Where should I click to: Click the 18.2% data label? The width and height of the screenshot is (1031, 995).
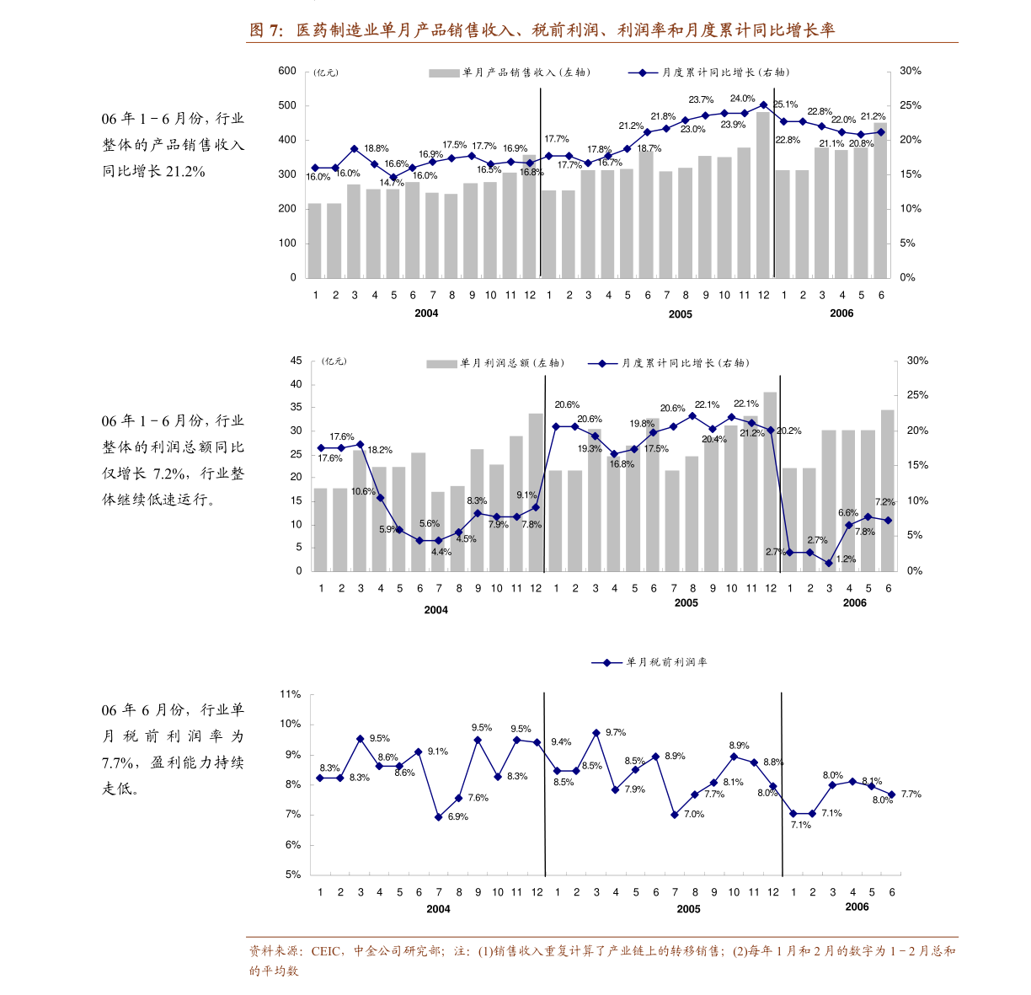click(380, 451)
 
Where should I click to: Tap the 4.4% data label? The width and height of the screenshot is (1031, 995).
click(441, 553)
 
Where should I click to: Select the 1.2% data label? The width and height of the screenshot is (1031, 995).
click(846, 559)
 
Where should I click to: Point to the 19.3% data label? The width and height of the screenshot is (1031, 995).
click(590, 449)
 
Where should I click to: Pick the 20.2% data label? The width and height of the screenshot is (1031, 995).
click(789, 431)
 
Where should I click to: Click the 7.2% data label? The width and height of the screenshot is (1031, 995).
click(885, 502)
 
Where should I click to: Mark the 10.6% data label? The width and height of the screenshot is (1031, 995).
click(363, 492)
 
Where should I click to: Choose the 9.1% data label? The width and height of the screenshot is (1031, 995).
click(526, 495)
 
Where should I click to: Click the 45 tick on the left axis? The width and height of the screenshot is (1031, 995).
click(296, 361)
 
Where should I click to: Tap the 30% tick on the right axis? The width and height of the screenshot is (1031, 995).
click(917, 361)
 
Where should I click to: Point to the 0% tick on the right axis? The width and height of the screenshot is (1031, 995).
click(914, 571)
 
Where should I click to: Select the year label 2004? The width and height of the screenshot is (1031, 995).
click(435, 610)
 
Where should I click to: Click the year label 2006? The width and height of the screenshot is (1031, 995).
click(854, 603)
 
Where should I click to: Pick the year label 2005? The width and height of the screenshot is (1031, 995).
click(686, 603)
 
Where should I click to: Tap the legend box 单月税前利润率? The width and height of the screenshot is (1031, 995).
click(650, 662)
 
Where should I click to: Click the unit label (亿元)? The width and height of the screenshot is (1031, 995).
click(334, 361)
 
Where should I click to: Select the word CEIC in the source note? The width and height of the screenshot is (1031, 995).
click(326, 951)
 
